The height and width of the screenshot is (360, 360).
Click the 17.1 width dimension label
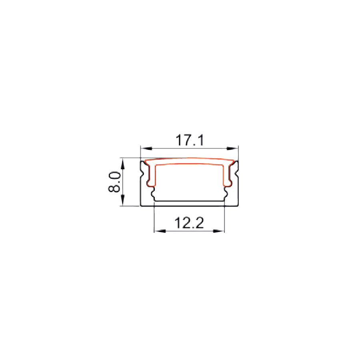click(190, 140)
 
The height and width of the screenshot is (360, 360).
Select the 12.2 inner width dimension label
click(189, 223)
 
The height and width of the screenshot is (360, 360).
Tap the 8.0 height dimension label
click(114, 182)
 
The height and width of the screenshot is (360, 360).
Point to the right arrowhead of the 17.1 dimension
click(232, 148)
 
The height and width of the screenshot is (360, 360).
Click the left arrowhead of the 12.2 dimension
click(160, 231)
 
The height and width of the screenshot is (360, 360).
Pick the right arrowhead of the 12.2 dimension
click(218, 231)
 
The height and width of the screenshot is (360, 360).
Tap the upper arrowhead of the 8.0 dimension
click(123, 164)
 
